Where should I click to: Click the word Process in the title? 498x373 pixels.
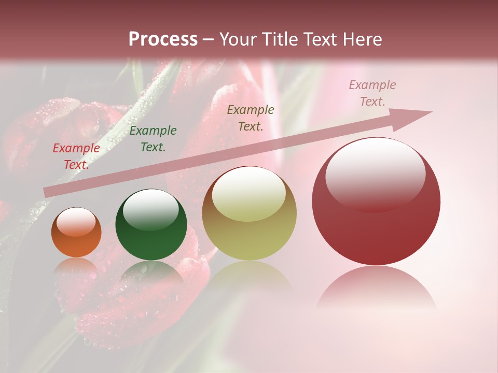point(163,39)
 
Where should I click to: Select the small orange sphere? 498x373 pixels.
point(76,233)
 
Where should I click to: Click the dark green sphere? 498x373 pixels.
point(151,224)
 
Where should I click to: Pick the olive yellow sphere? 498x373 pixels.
point(249,213)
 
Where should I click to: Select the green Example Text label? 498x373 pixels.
point(153,139)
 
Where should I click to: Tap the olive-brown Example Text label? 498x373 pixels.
point(251,118)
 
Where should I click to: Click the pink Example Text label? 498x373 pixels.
point(372,93)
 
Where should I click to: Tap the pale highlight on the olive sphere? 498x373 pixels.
point(249,194)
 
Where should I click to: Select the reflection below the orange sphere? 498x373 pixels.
point(76,267)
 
